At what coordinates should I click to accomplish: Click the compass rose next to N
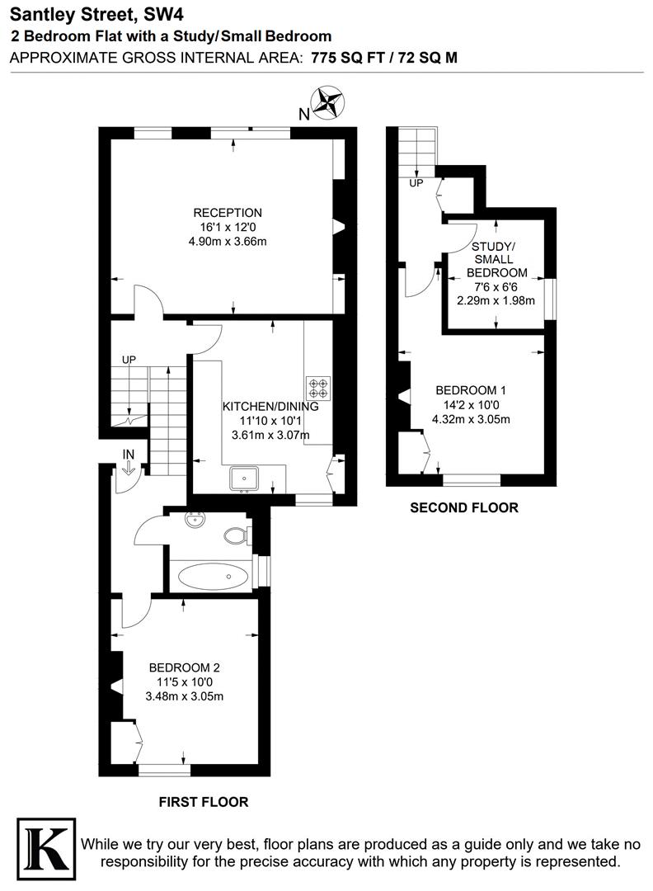coord(329,103)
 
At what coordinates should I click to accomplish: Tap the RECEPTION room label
coord(228,213)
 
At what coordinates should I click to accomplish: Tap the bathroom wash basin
coord(196,521)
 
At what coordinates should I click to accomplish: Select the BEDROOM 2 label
coord(184,667)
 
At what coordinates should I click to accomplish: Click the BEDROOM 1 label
coord(471,390)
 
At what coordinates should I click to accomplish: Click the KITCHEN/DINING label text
coord(270,407)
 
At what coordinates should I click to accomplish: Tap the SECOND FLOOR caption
coord(464,508)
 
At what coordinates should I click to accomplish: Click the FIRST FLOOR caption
coord(204,801)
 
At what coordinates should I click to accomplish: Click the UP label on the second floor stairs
coord(416,182)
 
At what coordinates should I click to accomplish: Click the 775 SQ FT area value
coord(350,57)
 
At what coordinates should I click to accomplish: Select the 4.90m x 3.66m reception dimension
coord(228,242)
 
